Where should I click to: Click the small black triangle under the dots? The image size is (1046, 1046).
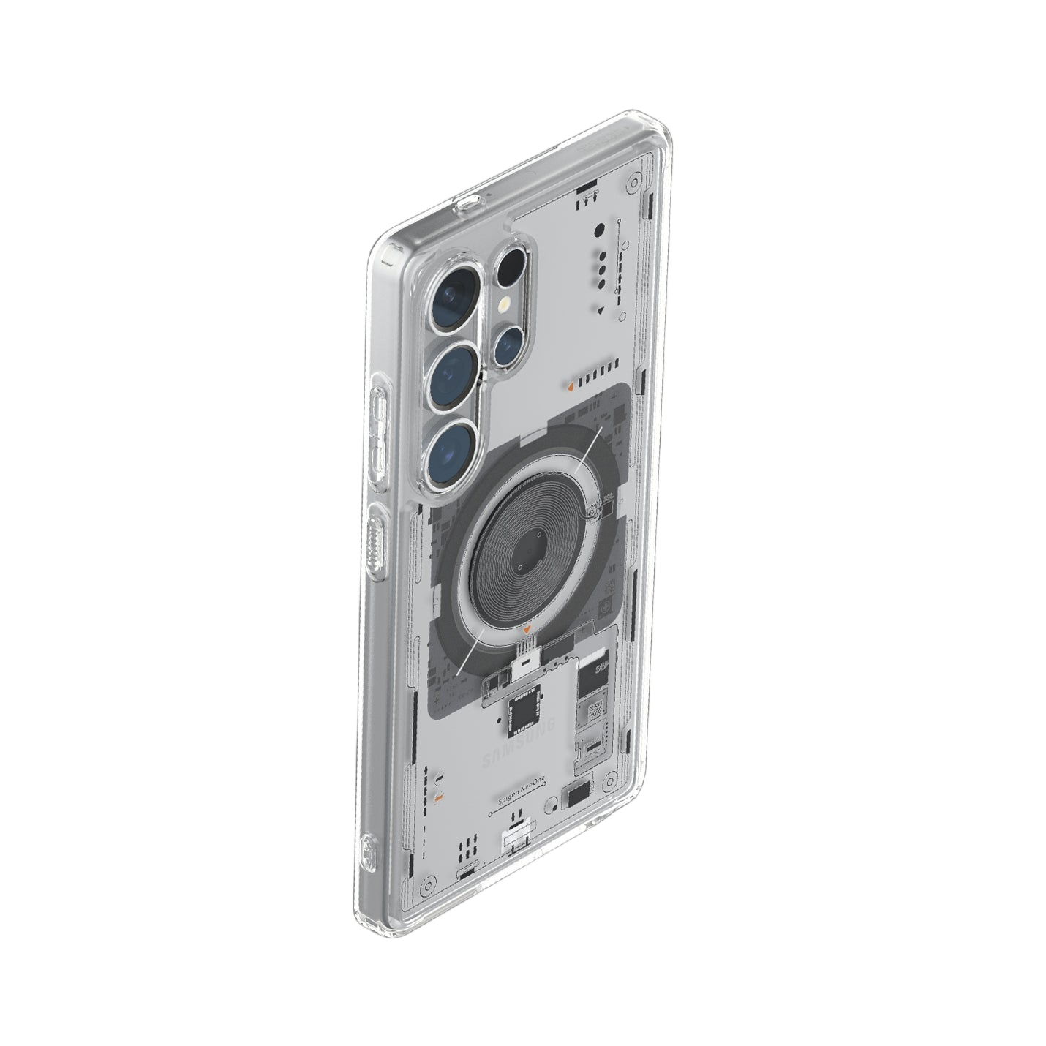(x=600, y=311)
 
